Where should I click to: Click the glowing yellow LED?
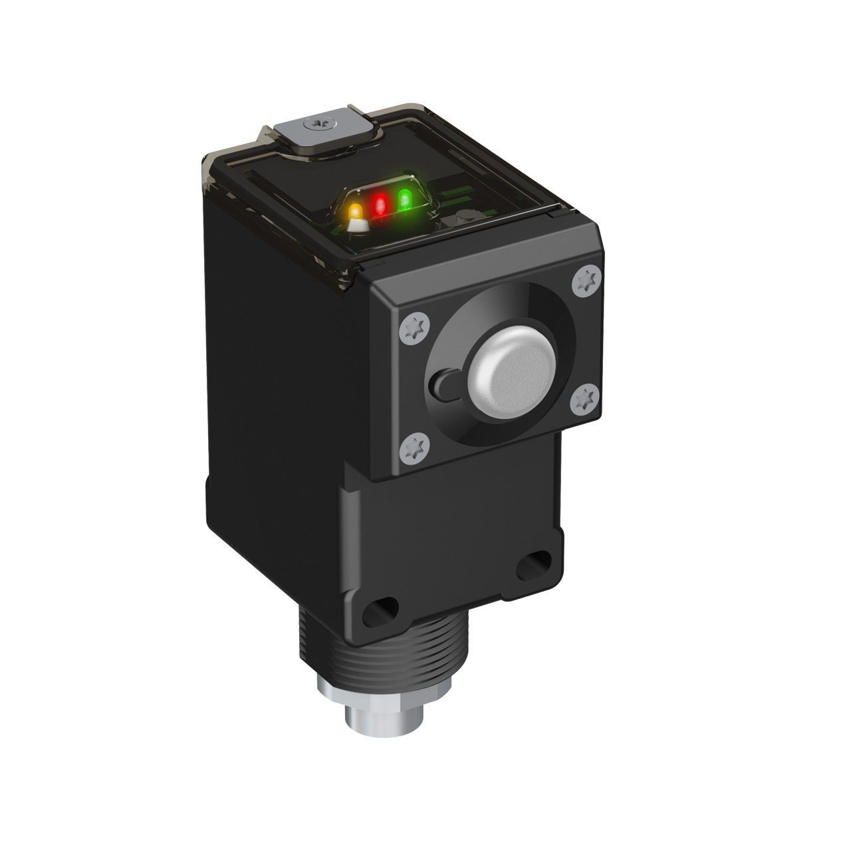tap(356, 211)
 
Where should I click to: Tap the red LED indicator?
tap(380, 204)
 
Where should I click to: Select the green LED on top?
tap(404, 198)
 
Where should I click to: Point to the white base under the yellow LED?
tap(358, 226)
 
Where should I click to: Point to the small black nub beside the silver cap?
tap(441, 385)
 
